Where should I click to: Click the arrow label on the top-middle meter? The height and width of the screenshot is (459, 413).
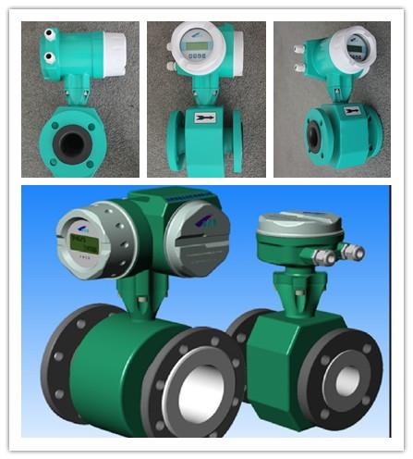point(203,119)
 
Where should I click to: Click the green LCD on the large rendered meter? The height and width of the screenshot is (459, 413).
point(83,243)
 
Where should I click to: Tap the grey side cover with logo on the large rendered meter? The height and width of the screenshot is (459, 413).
point(196,239)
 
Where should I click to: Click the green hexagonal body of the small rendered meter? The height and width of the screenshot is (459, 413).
point(282,352)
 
